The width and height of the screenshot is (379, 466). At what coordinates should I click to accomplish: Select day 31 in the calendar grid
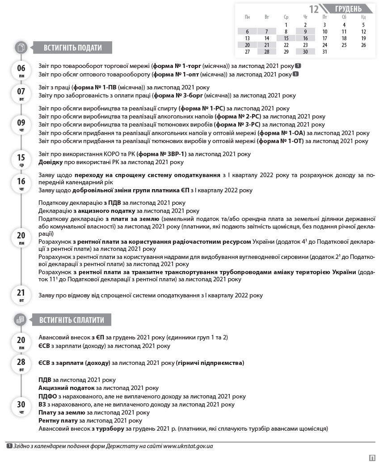tap(324, 51)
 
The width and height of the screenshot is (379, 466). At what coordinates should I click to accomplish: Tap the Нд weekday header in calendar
tap(363, 17)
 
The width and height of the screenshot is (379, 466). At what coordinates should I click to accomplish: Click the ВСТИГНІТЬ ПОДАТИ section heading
tap(72, 48)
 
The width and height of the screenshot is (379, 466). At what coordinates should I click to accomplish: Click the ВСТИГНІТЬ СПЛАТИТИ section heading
tap(72, 320)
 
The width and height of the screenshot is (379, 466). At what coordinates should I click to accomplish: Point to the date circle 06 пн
tap(21, 70)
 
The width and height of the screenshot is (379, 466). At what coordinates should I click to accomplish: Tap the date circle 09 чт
tap(21, 125)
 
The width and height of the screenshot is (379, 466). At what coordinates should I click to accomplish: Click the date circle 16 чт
tap(21, 183)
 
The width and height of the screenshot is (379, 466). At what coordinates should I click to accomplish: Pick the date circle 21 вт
tap(21, 295)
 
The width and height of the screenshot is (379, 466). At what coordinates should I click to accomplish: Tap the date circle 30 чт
tap(21, 407)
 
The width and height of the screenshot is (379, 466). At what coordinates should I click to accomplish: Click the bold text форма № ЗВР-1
tap(161, 154)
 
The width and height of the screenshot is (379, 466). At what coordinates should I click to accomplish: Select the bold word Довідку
tap(51, 162)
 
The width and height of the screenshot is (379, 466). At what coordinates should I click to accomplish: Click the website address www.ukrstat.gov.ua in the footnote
tap(188, 446)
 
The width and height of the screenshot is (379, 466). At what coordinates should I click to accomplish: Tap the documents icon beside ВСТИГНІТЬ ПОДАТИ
tap(21, 47)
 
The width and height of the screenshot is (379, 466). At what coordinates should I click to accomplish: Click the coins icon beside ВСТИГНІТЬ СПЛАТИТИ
tap(21, 320)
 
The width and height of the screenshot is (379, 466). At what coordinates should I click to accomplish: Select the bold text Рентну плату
tap(58, 420)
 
